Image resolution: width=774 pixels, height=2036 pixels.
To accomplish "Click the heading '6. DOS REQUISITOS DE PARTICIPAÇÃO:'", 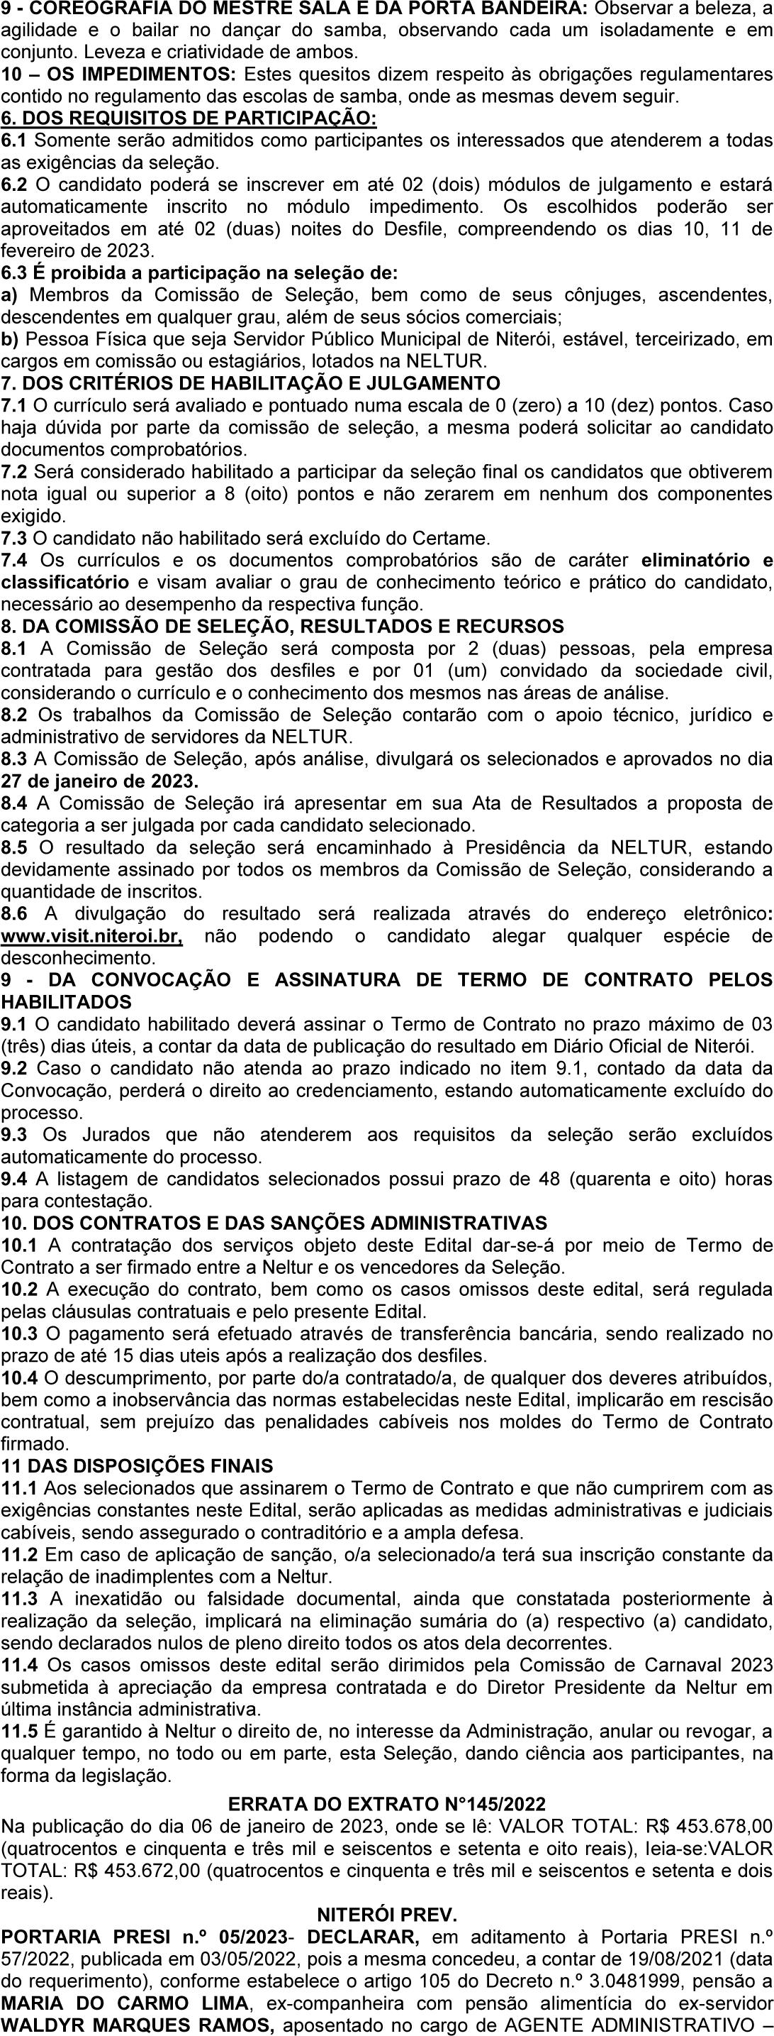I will point(189,119).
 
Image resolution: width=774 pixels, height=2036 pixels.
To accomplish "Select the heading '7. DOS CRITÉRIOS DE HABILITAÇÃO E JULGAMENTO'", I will point(250,383).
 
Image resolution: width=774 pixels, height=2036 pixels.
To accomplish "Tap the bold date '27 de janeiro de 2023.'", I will point(99,781).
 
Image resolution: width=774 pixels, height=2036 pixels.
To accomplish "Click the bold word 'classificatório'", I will point(64,583).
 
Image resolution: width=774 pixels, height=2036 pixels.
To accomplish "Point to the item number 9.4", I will point(16,1179).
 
